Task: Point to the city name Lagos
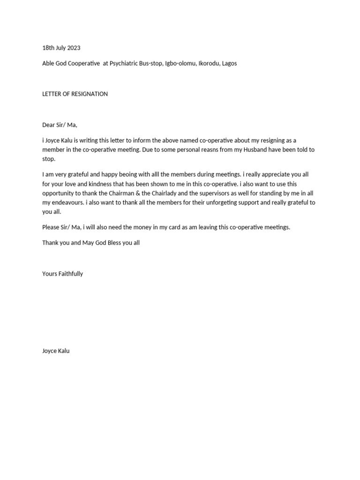[x=229, y=63]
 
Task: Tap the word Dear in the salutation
[x=49, y=125]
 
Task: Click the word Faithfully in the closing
[x=70, y=274]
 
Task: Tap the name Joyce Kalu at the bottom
[x=56, y=351]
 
